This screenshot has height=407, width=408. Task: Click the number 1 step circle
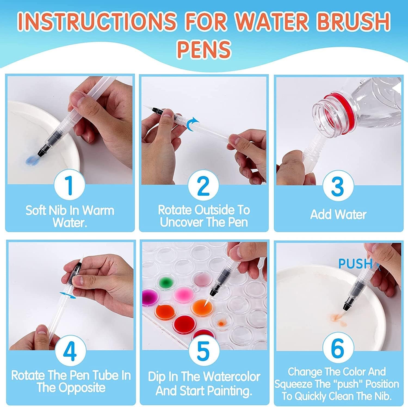70,185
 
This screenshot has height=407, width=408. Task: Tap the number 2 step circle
203,185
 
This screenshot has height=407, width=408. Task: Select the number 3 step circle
338,186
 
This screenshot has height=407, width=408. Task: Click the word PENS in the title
204,48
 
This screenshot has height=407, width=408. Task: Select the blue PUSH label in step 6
355,264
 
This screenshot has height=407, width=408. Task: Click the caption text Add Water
338,214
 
